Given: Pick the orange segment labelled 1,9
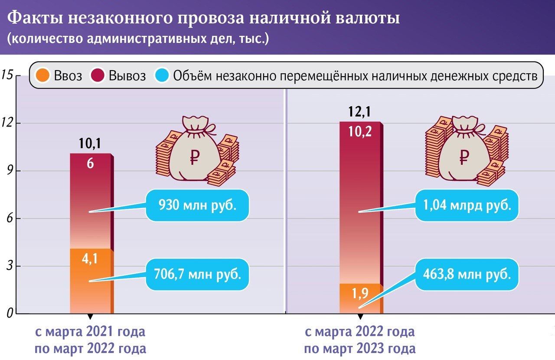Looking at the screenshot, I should [360, 298].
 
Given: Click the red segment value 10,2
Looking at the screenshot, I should [360, 131].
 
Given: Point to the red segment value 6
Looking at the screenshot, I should [91, 164].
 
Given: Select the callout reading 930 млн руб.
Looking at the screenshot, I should [198, 205].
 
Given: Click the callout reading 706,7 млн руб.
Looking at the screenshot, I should [198, 274].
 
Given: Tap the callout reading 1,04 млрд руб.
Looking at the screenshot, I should [467, 205].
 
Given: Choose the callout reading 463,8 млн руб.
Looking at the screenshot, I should [467, 274].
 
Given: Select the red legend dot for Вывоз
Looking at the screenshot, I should [98, 76].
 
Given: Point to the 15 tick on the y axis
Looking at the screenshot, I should [7, 75].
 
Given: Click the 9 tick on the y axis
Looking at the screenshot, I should [7, 171].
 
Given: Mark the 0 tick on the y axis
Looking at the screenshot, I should [7, 313].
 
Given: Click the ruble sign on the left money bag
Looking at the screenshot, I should [193, 157].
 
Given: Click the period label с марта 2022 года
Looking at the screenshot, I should [359, 333].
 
